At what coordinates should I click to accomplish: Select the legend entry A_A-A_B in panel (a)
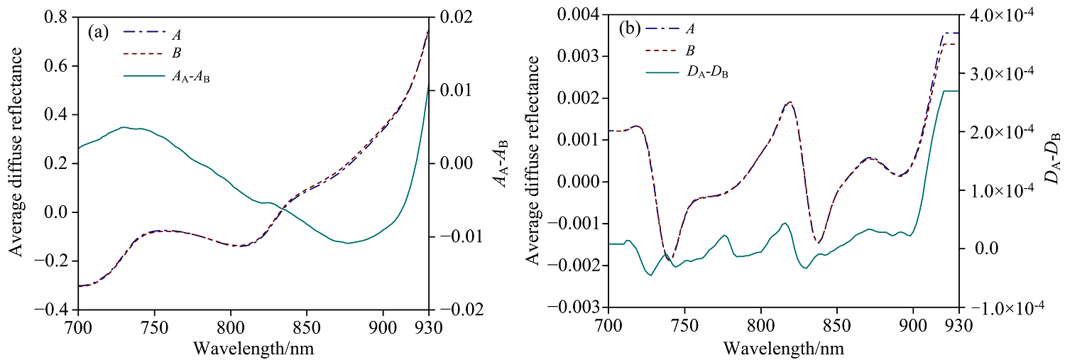pos(192,78)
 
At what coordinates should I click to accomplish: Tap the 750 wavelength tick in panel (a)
pos(154,327)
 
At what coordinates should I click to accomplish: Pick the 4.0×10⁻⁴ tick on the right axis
pos(1004,13)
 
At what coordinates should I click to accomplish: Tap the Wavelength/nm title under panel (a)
pos(253,349)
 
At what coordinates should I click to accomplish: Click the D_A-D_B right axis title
pos(1053,160)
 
